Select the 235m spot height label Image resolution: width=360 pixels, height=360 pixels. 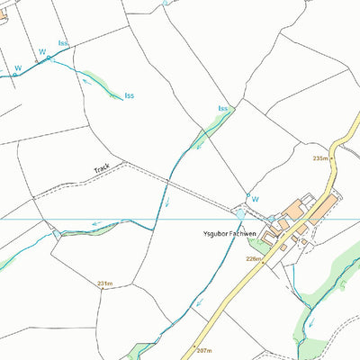[320, 158]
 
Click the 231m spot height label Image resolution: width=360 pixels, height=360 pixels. [104, 283]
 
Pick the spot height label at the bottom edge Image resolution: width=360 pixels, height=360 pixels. [202, 350]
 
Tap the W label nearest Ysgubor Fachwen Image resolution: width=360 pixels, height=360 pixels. [255, 199]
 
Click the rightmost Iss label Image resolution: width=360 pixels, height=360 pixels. [222, 109]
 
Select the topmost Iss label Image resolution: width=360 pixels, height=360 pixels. [62, 43]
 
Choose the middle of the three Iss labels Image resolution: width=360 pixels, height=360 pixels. [130, 95]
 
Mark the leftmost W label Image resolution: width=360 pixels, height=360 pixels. [17, 68]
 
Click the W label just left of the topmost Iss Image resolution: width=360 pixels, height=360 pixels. [41, 52]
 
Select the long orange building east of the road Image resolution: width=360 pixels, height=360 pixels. [321, 209]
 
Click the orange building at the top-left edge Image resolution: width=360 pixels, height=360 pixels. [3, 15]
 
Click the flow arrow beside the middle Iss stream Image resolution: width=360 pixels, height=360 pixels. [90, 85]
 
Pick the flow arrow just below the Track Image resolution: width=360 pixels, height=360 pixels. [166, 201]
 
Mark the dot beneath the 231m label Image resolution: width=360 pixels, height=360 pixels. [105, 291]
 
